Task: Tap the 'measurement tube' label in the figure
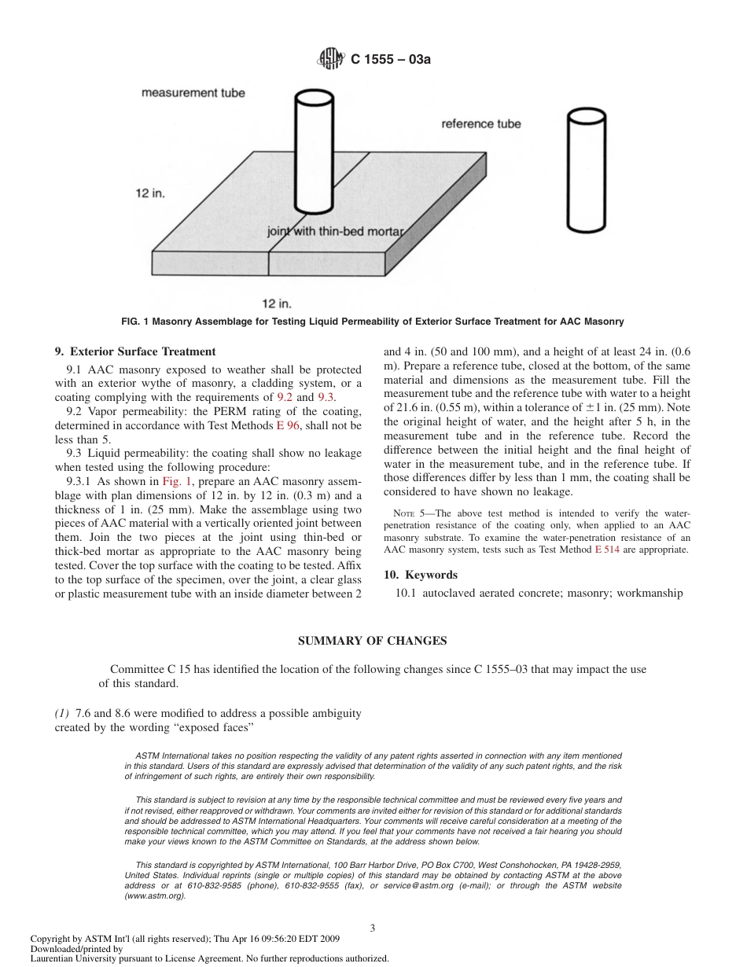click(x=193, y=93)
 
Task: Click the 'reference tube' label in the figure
click(x=480, y=123)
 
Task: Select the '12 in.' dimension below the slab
click(x=277, y=302)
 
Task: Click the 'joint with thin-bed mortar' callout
click(x=335, y=232)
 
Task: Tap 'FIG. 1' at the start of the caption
click(x=136, y=322)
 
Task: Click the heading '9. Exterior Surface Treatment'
click(x=134, y=351)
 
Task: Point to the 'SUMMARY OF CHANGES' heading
click(x=373, y=641)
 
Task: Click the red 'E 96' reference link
click(x=287, y=425)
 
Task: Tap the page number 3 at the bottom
click(x=373, y=928)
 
